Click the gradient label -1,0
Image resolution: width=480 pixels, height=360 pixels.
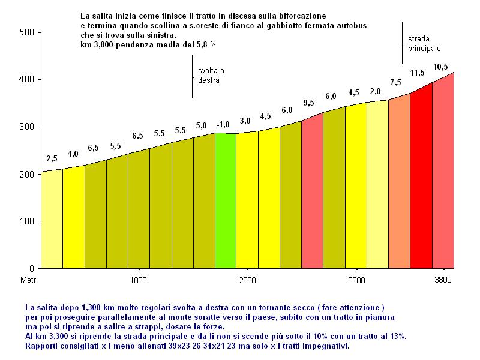pos(223,125)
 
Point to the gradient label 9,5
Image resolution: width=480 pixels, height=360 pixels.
pos(309,103)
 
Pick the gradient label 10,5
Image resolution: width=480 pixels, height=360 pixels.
pos(441,67)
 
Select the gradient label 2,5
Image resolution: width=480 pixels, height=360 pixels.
pos(52,159)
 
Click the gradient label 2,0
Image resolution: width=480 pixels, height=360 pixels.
pos(375,91)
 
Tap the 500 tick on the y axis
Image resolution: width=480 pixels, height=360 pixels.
pos(25,32)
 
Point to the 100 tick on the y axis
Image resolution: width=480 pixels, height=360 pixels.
pos(25,221)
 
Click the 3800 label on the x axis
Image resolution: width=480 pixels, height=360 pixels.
pos(443,280)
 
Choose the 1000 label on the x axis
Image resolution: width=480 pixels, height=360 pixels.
pos(139,280)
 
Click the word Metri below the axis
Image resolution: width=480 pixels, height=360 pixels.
pos(29,280)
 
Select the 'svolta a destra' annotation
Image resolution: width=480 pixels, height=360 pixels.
pos(211,75)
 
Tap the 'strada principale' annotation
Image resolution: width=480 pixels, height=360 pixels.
pos(424,43)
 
